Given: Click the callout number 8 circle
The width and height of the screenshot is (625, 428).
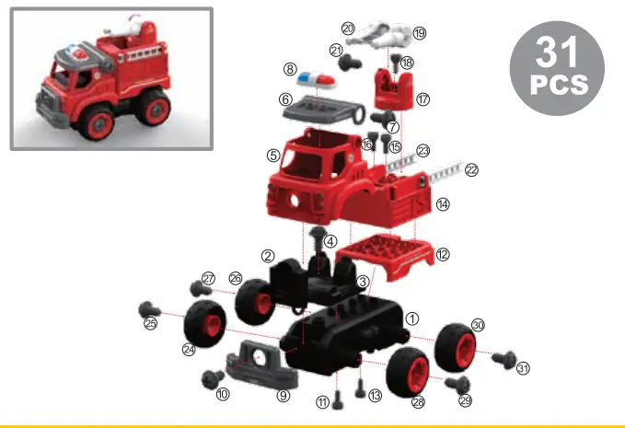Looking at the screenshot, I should point(290,70).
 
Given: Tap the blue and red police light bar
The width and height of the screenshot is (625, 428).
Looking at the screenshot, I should point(316,75).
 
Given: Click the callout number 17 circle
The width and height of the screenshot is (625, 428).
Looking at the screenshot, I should point(423,98).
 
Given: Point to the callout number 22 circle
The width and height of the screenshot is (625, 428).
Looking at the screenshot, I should point(471,170).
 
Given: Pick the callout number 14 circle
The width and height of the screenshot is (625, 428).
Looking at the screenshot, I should point(443,204).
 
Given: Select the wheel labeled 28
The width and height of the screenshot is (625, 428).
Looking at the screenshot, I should point(409,373).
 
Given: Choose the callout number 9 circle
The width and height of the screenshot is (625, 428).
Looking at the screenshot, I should point(284,396).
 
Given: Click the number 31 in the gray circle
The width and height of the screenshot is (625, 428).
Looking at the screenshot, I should point(557,53).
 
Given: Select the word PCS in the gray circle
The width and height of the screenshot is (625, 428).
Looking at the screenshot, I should point(557,86).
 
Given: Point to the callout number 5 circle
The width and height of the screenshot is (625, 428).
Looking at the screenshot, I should point(273,156).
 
